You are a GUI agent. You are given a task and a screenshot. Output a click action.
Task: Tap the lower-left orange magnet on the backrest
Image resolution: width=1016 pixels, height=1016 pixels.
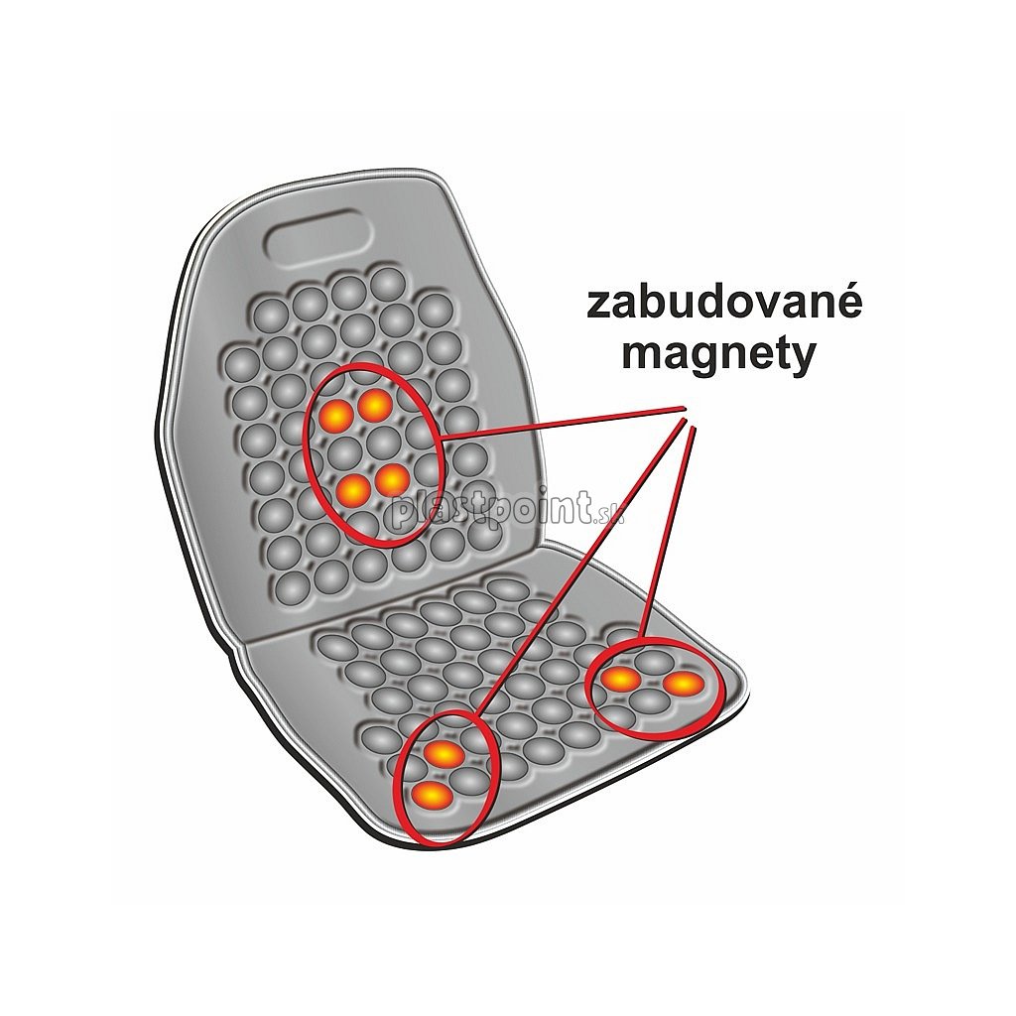(352, 488)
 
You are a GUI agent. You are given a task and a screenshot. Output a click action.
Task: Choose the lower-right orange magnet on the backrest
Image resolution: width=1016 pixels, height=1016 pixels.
(391, 479)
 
